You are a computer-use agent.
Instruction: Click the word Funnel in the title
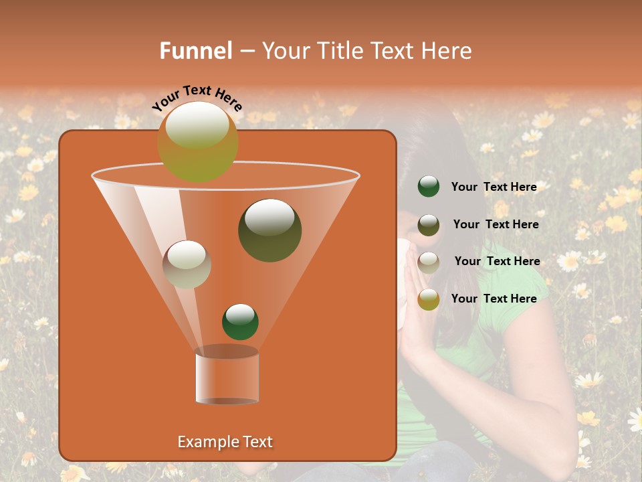pyautogui.click(x=196, y=51)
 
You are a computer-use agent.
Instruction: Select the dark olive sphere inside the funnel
pyautogui.click(x=270, y=231)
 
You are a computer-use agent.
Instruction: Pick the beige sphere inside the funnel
pyautogui.click(x=187, y=264)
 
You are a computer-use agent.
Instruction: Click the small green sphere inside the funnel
pyautogui.click(x=240, y=322)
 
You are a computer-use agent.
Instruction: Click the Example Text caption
pyautogui.click(x=225, y=442)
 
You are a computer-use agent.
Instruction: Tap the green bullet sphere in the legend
pyautogui.click(x=429, y=187)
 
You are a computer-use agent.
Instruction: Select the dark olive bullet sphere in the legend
pyautogui.click(x=429, y=225)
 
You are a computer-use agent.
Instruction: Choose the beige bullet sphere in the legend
pyautogui.click(x=429, y=262)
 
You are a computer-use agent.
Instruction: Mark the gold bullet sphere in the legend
pyautogui.click(x=429, y=299)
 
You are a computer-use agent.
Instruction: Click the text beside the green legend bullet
pyautogui.click(x=494, y=187)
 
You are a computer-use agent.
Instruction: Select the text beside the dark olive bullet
pyautogui.click(x=496, y=224)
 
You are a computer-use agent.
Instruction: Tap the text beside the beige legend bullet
pyautogui.click(x=497, y=261)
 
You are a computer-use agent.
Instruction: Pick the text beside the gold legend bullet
pyautogui.click(x=494, y=299)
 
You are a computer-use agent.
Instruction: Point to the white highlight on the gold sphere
pyautogui.click(x=197, y=124)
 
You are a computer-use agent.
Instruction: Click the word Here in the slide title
pyautogui.click(x=448, y=51)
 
